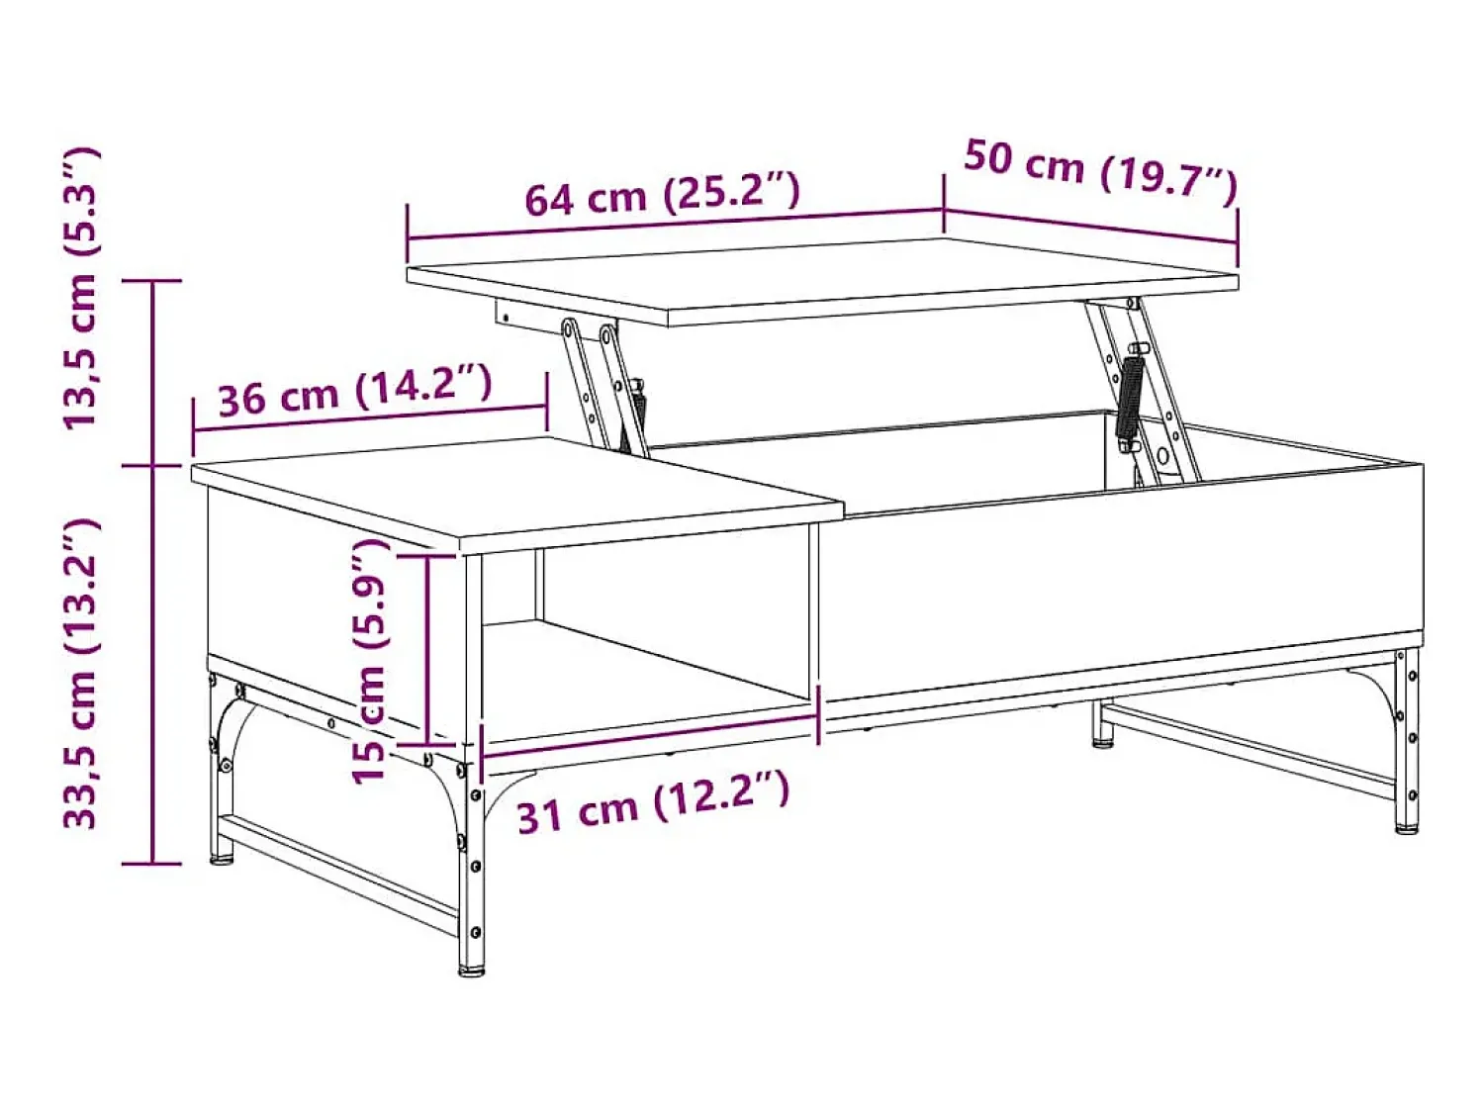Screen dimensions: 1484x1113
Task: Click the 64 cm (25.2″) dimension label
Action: click(662, 193)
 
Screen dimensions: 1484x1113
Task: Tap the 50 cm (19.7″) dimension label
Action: click(1100, 174)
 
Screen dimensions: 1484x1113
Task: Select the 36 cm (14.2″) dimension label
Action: click(355, 391)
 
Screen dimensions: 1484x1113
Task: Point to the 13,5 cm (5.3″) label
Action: click(81, 288)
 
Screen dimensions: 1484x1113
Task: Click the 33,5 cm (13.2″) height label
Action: click(81, 674)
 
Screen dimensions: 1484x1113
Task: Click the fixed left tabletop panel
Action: click(517, 495)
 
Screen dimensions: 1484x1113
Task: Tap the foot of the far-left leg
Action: click(221, 860)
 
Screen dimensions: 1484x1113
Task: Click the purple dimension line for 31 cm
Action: click(649, 736)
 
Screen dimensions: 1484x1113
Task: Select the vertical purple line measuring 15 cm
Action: click(427, 649)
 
